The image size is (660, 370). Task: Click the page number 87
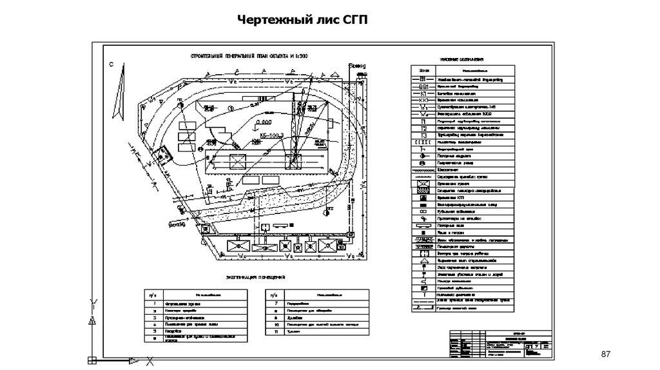click(x=605, y=355)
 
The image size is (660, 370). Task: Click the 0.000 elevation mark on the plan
click(x=263, y=122)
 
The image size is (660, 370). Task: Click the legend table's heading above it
click(x=462, y=59)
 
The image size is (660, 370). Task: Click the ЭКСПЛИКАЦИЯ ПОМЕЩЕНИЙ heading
click(x=256, y=277)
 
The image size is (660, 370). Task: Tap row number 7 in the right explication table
click(x=275, y=302)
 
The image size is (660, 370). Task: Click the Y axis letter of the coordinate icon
click(x=94, y=302)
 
